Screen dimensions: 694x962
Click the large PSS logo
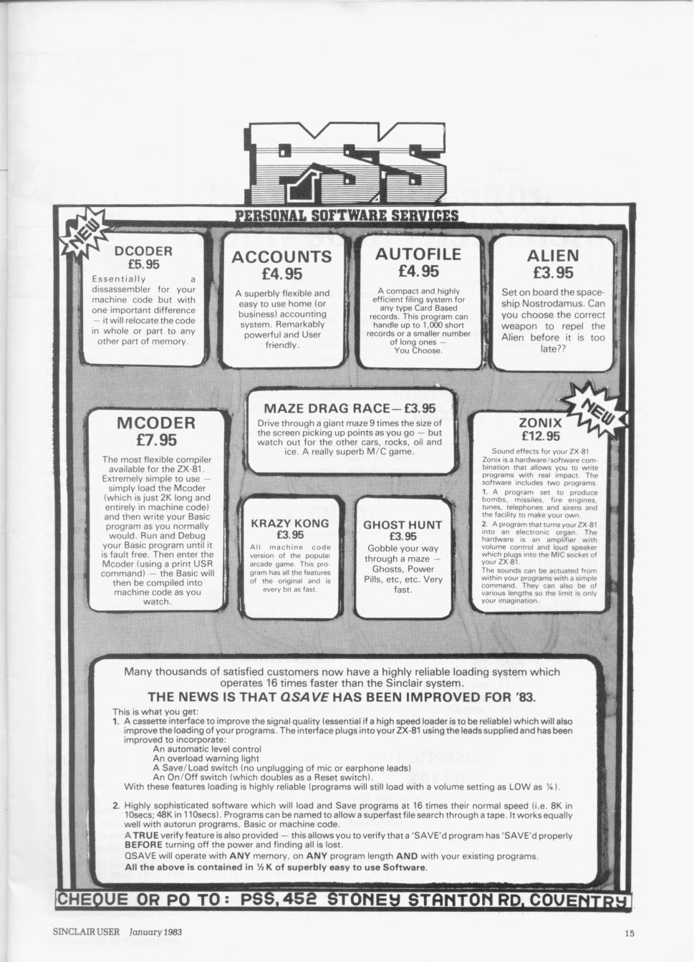pos(347,163)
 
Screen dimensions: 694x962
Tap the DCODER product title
pos(143,251)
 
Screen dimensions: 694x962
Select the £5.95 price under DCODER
pos(143,264)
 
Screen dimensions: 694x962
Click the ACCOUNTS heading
pos(281,257)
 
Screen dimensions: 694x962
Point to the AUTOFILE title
pos(418,254)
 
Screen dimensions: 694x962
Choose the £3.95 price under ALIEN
pos(553,273)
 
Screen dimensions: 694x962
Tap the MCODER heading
pos(156,423)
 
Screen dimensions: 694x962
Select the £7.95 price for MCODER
pos(156,441)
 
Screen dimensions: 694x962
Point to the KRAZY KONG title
pos(290,524)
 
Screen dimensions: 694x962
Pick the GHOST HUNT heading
pos(403,525)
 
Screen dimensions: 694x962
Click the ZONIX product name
pos(540,423)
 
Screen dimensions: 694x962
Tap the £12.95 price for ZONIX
pos(541,436)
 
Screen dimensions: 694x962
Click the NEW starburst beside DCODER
pos(83,235)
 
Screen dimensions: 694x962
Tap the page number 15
pos(630,933)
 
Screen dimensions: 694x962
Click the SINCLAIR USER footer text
pos(87,932)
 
